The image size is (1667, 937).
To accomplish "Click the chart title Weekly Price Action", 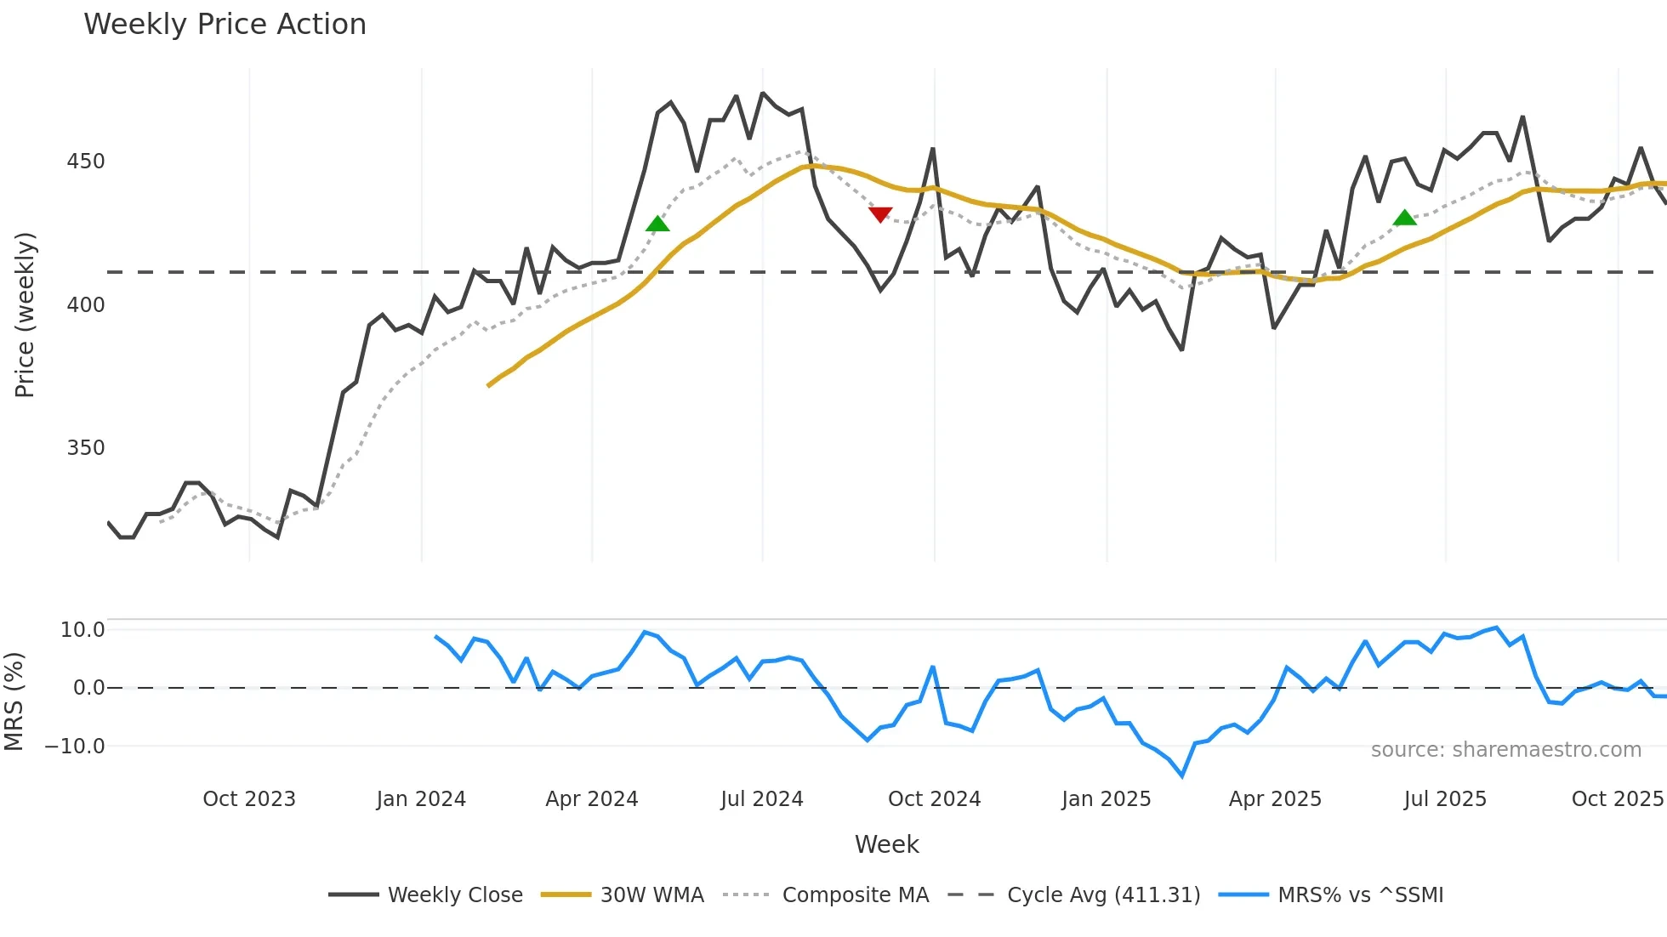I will coord(225,25).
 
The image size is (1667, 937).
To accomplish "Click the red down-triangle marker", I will coord(880,214).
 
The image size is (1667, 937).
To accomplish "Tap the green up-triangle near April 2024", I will coord(657,224).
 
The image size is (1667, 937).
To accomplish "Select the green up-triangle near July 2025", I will coord(1405,219).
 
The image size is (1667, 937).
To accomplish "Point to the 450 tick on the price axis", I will coord(85,162).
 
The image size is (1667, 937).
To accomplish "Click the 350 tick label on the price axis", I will coord(85,448).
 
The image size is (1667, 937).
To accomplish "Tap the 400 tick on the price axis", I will coord(85,305).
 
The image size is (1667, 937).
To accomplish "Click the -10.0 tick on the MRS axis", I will coord(75,747).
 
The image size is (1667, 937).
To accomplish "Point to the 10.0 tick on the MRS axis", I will coord(82,630).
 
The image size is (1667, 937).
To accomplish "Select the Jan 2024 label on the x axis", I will coord(421,799).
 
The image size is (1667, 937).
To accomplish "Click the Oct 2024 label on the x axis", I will coord(934,799).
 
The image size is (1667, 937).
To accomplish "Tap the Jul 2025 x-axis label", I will coord(1445,799).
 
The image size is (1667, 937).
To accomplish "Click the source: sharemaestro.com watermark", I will coord(1505,750).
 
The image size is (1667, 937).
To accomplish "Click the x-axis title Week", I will coord(886,844).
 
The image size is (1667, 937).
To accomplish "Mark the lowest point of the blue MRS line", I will coord(1182,775).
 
